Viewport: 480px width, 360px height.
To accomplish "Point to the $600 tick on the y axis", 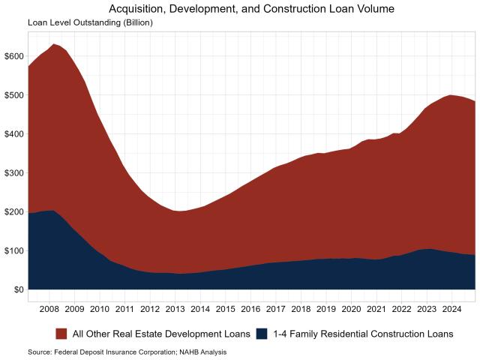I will coord(13,56).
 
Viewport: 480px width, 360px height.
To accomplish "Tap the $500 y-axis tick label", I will coord(13,95).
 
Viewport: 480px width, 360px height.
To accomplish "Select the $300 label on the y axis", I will coord(13,173).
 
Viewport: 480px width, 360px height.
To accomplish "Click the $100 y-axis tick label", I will coord(13,250).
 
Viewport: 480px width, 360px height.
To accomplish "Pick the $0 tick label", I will coord(16,289).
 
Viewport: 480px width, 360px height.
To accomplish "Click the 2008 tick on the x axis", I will coord(49,308).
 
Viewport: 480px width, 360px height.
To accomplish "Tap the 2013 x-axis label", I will coord(175,308).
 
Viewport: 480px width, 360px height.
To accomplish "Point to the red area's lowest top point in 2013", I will coord(178,211).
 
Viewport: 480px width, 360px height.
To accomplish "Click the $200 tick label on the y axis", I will coord(13,212).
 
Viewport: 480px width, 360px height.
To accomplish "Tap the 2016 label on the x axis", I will coord(250,308).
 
